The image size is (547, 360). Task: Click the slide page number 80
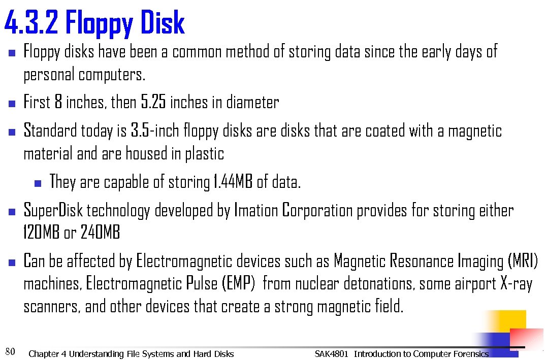tap(10, 351)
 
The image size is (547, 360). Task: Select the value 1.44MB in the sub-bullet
tap(232, 182)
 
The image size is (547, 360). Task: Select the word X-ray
tap(516, 283)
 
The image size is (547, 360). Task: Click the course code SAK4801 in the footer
tap(331, 353)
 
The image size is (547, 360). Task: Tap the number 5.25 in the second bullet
tap(153, 102)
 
